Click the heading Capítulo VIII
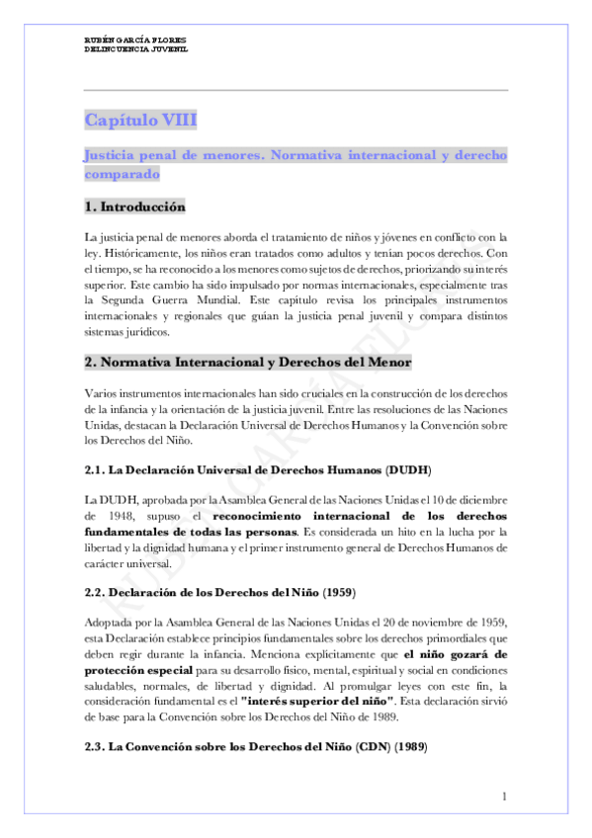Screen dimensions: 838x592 (x=140, y=121)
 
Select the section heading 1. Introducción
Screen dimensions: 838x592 (x=134, y=208)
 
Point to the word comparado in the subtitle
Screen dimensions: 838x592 (x=121, y=173)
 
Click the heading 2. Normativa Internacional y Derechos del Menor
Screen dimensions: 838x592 (x=247, y=363)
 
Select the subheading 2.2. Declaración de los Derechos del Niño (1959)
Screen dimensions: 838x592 (x=219, y=592)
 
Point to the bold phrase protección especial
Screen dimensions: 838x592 (x=130, y=670)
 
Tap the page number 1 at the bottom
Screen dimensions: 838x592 (x=504, y=796)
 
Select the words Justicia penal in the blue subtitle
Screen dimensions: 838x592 (x=134, y=156)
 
